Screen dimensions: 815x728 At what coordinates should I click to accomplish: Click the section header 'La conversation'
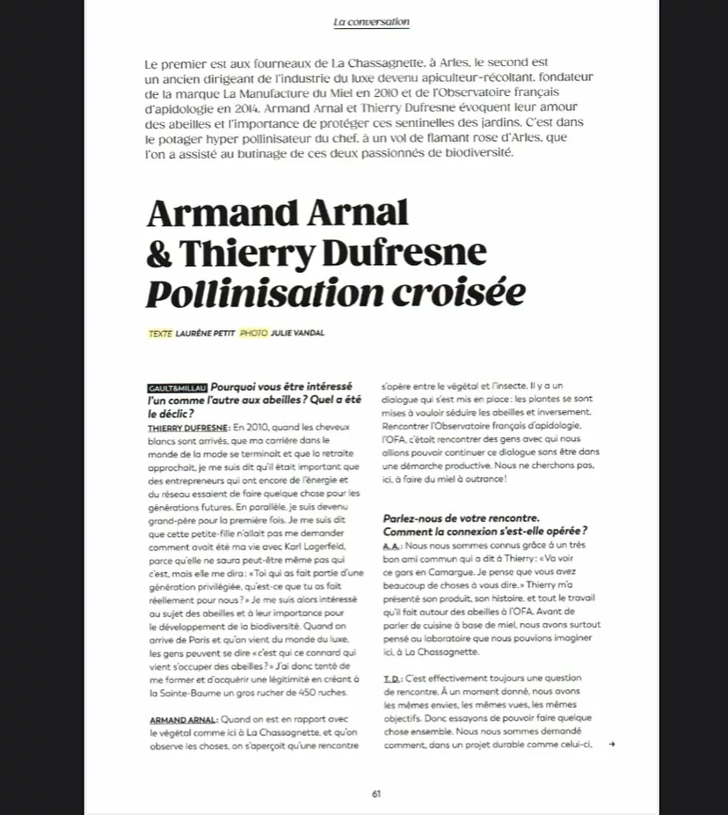pos(371,22)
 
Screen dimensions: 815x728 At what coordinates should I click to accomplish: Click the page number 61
pos(376,792)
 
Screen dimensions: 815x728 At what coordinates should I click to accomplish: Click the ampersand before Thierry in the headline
pos(159,253)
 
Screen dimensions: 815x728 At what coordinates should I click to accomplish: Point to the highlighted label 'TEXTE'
pos(161,334)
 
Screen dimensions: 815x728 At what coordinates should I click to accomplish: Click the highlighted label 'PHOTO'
pos(253,334)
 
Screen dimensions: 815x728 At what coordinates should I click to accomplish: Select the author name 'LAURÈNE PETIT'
pos(205,334)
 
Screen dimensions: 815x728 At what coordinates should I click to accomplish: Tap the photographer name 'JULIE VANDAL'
pos(298,334)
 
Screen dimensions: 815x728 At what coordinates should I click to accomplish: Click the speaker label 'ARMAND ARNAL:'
pos(182,720)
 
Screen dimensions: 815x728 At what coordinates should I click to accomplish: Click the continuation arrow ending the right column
pos(611,744)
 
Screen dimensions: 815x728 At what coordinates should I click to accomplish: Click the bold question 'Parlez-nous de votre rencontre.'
pos(460,518)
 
